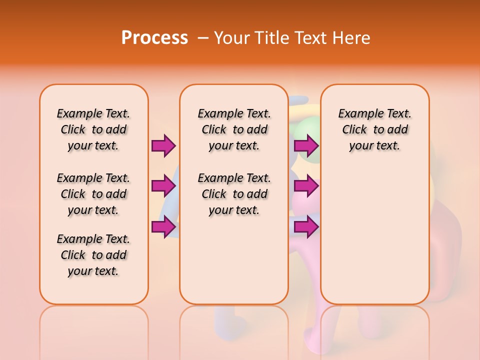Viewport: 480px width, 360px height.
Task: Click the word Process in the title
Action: [154, 37]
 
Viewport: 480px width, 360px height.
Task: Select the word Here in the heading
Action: [352, 37]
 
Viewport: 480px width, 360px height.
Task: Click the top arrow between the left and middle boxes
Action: [163, 146]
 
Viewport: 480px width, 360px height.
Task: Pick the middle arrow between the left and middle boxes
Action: [163, 186]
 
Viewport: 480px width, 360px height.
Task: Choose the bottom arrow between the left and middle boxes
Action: [163, 227]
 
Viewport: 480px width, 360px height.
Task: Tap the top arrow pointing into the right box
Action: [306, 146]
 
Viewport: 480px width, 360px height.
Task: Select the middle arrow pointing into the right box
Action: [306, 186]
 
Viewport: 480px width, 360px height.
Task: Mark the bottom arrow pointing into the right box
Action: [306, 227]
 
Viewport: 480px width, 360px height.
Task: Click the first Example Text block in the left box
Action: [93, 129]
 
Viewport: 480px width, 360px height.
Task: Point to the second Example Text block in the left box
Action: [93, 194]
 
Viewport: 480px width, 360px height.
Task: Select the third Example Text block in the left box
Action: [93, 255]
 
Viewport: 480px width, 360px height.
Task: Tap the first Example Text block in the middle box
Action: [234, 129]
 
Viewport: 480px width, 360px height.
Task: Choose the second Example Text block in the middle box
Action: [234, 194]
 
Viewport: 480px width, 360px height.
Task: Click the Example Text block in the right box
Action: [374, 129]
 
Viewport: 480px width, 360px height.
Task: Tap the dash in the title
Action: [203, 38]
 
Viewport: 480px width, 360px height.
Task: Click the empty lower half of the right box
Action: [374, 235]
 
